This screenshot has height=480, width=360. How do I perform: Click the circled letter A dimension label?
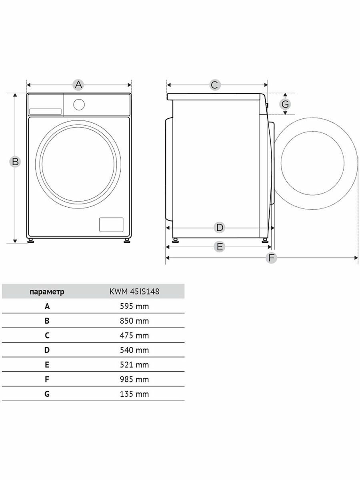(78, 85)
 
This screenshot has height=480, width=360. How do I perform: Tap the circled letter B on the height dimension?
(15, 162)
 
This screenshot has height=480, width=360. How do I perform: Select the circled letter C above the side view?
(215, 85)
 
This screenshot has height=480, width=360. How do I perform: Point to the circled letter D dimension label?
(220, 228)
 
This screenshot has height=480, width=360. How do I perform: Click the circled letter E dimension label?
(220, 247)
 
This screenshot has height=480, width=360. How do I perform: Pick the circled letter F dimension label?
(271, 258)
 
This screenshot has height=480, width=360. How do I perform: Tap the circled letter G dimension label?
(285, 104)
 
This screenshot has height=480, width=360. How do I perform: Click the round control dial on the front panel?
(79, 104)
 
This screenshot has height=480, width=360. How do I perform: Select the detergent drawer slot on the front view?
(46, 112)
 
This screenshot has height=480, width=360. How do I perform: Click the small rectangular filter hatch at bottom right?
(111, 224)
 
